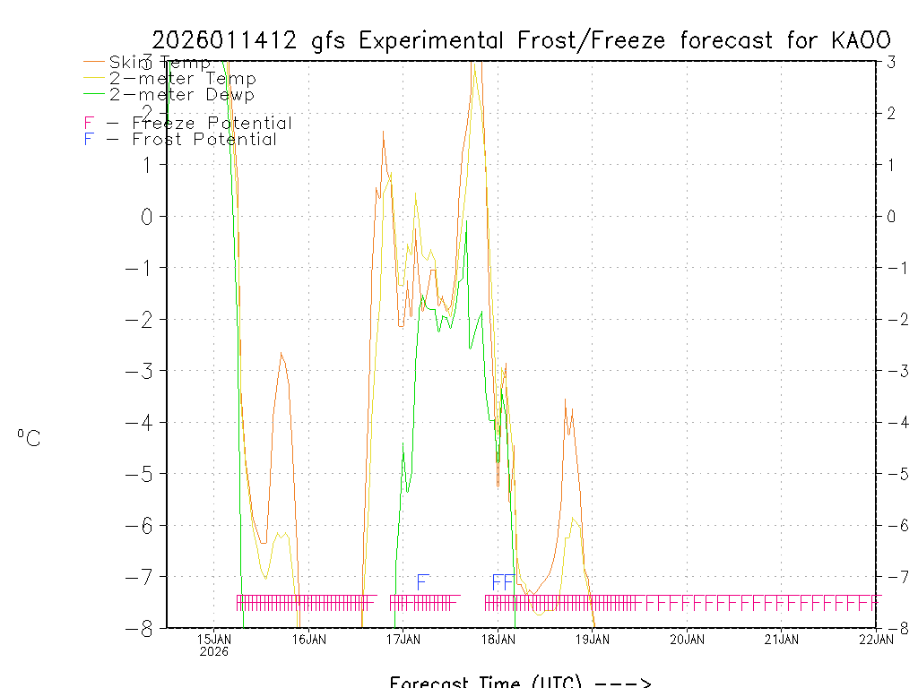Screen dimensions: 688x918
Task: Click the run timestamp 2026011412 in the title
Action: coord(228,40)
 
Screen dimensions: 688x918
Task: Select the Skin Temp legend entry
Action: coord(160,63)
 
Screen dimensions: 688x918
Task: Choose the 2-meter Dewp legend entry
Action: coord(182,95)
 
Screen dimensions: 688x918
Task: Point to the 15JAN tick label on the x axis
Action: coord(213,639)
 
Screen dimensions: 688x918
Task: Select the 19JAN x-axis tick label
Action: coord(592,639)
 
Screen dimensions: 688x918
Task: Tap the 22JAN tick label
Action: coord(875,639)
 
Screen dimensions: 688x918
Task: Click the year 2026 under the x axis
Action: coord(213,651)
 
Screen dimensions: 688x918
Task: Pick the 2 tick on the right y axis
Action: coord(891,113)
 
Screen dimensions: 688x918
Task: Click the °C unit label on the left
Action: coord(29,438)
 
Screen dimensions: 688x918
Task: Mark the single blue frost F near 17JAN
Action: coord(422,581)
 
